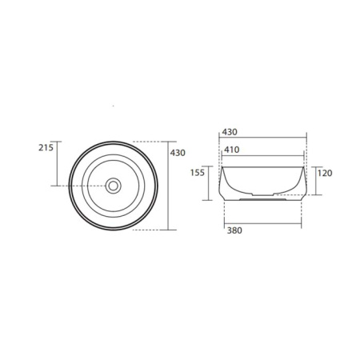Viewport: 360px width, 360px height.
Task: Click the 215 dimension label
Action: click(45, 147)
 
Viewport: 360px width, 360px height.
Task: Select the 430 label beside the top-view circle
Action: click(177, 151)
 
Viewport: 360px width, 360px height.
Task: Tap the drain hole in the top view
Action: click(113, 186)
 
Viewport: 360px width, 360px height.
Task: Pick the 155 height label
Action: click(198, 173)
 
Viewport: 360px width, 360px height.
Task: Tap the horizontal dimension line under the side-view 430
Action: click(263, 140)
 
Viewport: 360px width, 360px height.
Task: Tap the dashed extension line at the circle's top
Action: click(148, 142)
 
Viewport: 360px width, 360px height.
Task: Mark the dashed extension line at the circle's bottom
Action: click(148, 230)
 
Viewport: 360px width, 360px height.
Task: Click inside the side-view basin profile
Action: click(263, 180)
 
